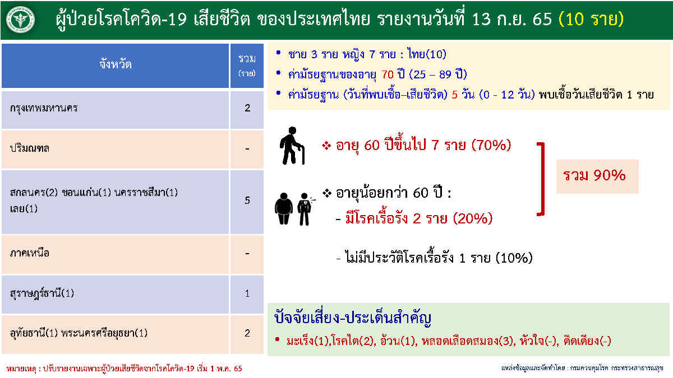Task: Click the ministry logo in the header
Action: pos(20,20)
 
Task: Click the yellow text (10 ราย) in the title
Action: pos(591,19)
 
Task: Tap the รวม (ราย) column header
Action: pos(247,66)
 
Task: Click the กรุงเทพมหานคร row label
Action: pos(44,108)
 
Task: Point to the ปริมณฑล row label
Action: pos(29,148)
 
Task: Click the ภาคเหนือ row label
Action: pos(29,253)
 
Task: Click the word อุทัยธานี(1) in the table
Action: pos(34,333)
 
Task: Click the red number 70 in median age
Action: pos(388,74)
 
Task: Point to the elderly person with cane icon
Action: pos(292,146)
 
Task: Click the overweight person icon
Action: pos(284,209)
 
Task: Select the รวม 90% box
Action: pos(597,176)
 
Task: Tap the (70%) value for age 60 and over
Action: pos(491,145)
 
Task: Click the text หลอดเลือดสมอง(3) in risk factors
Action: pos(467,341)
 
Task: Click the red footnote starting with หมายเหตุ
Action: pos(124,368)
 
